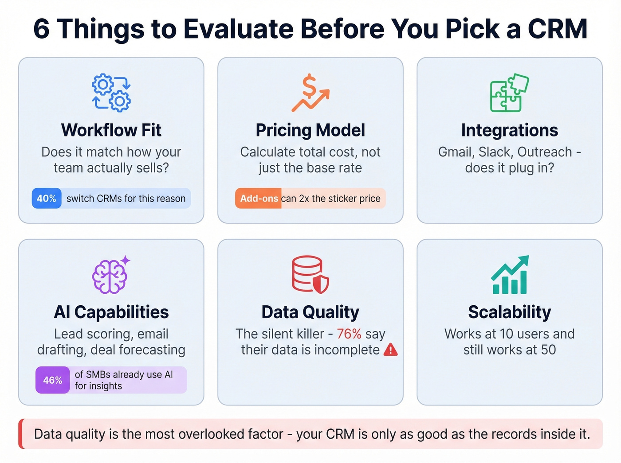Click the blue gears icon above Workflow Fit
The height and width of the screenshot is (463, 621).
click(111, 92)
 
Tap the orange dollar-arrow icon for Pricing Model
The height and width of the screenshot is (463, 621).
click(310, 93)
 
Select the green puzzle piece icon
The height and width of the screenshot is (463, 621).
click(509, 92)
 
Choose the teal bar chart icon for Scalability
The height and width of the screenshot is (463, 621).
click(510, 275)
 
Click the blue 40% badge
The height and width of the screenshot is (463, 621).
click(47, 198)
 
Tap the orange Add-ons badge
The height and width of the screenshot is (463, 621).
click(259, 198)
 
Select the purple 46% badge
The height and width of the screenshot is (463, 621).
click(52, 380)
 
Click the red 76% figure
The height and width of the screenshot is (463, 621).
click(349, 334)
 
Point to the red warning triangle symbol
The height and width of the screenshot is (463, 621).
click(390, 350)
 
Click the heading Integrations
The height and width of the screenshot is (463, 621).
click(509, 130)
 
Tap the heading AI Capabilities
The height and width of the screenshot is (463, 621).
click(111, 312)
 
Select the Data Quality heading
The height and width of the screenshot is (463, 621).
click(310, 312)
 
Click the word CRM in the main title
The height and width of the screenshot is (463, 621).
click(557, 29)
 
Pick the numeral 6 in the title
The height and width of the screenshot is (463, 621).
click(41, 29)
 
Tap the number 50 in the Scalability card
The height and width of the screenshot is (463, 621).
click(548, 350)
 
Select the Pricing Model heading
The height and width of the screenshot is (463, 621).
click(310, 130)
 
